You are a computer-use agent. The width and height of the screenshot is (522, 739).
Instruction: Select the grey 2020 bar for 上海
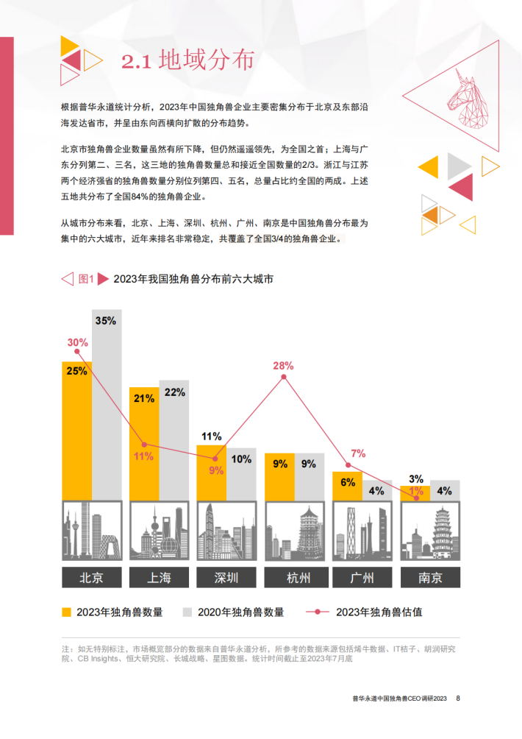(174, 442)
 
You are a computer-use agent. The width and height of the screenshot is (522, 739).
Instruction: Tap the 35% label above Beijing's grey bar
(106, 320)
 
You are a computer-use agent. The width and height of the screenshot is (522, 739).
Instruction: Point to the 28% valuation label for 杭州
(283, 365)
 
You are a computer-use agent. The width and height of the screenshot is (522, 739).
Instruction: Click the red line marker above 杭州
(285, 378)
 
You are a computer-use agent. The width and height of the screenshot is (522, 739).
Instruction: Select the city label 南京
(431, 577)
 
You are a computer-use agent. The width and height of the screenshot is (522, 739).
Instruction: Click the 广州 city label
(363, 577)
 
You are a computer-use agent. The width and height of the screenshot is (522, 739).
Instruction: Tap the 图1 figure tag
(86, 278)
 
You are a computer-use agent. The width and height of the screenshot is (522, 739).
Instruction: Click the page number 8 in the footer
(458, 698)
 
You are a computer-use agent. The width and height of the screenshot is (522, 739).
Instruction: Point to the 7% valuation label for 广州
(358, 453)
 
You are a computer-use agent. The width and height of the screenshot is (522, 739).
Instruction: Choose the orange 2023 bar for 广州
(348, 486)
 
